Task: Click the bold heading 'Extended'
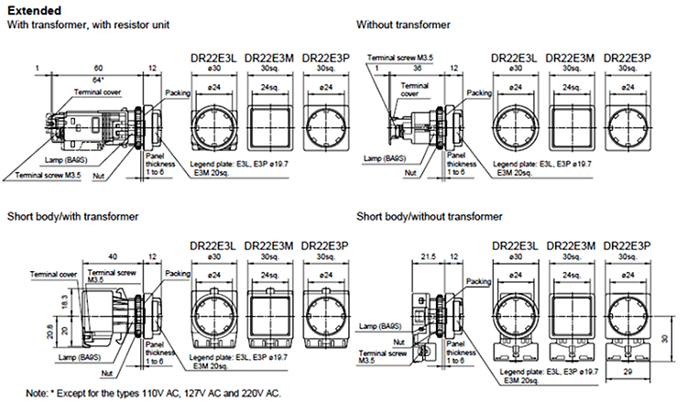click(31, 11)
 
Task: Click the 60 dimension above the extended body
click(98, 70)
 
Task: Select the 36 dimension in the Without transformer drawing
click(417, 70)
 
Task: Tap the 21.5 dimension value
click(428, 257)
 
